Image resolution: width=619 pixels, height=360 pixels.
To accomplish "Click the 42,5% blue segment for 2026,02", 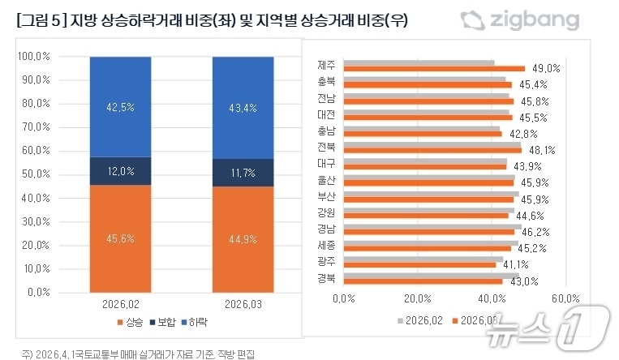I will (120, 106).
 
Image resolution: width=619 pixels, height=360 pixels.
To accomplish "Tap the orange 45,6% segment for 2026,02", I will (120, 238).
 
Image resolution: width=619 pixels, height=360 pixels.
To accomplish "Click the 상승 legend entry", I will (132, 322).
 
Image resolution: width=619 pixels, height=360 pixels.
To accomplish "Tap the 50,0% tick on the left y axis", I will (35, 174).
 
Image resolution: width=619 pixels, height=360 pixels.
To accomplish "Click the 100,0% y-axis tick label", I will (33, 57).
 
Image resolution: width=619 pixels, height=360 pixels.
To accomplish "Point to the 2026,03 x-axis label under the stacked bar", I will (242, 305).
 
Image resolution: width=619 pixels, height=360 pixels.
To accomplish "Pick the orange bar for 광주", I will (419, 264).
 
